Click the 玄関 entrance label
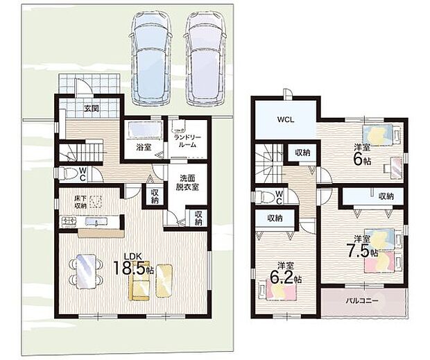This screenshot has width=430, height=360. (92, 109)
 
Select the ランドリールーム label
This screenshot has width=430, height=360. (187, 142)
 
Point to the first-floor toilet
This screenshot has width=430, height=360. (68, 173)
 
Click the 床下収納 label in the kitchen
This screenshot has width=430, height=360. (80, 202)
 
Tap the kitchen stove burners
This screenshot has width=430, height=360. (69, 221)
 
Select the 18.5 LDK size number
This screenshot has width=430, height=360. (129, 268)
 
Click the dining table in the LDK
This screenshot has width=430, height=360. (86, 271)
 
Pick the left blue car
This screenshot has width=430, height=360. (150, 58)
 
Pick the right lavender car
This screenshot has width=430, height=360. (205, 58)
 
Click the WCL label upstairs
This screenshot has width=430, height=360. (286, 119)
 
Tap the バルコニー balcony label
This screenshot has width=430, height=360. (362, 300)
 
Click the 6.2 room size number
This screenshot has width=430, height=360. (282, 277)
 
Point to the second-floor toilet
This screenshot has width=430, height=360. (264, 196)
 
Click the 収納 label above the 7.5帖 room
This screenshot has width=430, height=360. (386, 196)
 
